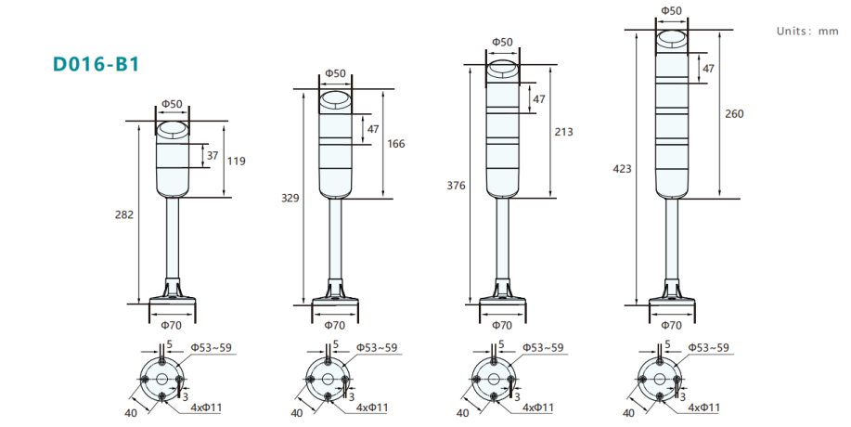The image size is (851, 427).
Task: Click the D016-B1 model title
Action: [97, 64]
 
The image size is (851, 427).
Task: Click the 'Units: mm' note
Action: [807, 31]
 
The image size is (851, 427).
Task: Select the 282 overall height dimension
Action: [124, 214]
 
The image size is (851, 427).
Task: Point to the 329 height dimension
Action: [290, 198]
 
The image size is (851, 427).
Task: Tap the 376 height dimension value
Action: [456, 186]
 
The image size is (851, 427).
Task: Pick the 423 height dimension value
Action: [622, 169]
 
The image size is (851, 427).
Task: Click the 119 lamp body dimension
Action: [236, 162]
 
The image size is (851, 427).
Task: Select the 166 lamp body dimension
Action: [396, 144]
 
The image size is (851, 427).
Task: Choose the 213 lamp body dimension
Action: [564, 132]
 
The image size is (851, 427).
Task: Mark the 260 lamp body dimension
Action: [734, 114]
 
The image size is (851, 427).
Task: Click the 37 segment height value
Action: [213, 156]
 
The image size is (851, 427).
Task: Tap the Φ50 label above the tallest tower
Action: [671, 10]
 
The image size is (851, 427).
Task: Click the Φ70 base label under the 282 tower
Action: [171, 326]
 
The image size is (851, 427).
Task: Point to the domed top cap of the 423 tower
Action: [672, 41]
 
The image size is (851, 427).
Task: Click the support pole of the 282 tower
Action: [173, 239]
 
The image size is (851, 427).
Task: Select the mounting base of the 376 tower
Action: [503, 293]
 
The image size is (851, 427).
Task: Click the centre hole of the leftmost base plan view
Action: [162, 379]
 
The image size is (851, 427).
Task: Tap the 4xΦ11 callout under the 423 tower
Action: [704, 408]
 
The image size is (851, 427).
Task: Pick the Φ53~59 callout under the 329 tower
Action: [377, 348]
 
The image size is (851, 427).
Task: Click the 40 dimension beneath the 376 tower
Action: [462, 413]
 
